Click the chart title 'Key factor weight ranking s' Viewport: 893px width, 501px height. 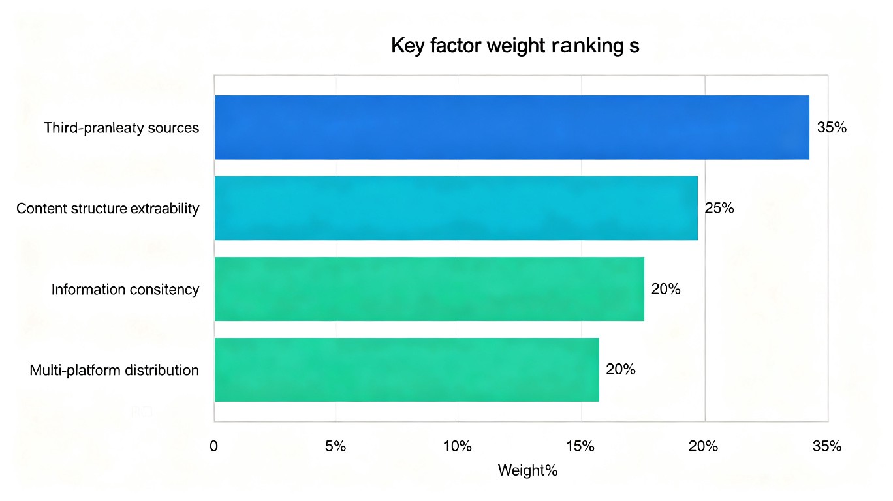tap(515, 46)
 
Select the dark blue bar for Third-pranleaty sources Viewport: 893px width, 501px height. tap(512, 127)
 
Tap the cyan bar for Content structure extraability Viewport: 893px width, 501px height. tap(456, 208)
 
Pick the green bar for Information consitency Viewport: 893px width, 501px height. tap(430, 289)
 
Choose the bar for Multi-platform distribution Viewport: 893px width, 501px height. tap(407, 370)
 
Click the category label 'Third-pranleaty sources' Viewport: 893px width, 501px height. tap(121, 129)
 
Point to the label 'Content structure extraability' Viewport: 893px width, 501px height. tap(108, 209)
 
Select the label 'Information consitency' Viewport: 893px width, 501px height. tap(125, 290)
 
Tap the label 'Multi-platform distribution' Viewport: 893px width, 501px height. tap(114, 371)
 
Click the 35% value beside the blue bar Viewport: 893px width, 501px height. tap(832, 127)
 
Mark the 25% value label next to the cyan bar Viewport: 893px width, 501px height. tap(719, 208)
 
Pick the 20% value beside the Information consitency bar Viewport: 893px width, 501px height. tap(666, 289)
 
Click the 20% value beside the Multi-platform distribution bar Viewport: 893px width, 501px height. tap(621, 370)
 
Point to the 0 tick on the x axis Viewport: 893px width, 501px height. tap(213, 446)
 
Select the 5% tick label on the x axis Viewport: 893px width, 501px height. tap(336, 446)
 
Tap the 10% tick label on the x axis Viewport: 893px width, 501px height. tap(457, 446)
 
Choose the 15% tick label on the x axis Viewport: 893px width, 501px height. tap(580, 446)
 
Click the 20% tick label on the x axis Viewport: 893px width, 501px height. tap(704, 446)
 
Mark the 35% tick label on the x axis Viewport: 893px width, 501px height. tap(827, 446)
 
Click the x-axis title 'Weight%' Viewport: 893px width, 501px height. tap(527, 471)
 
